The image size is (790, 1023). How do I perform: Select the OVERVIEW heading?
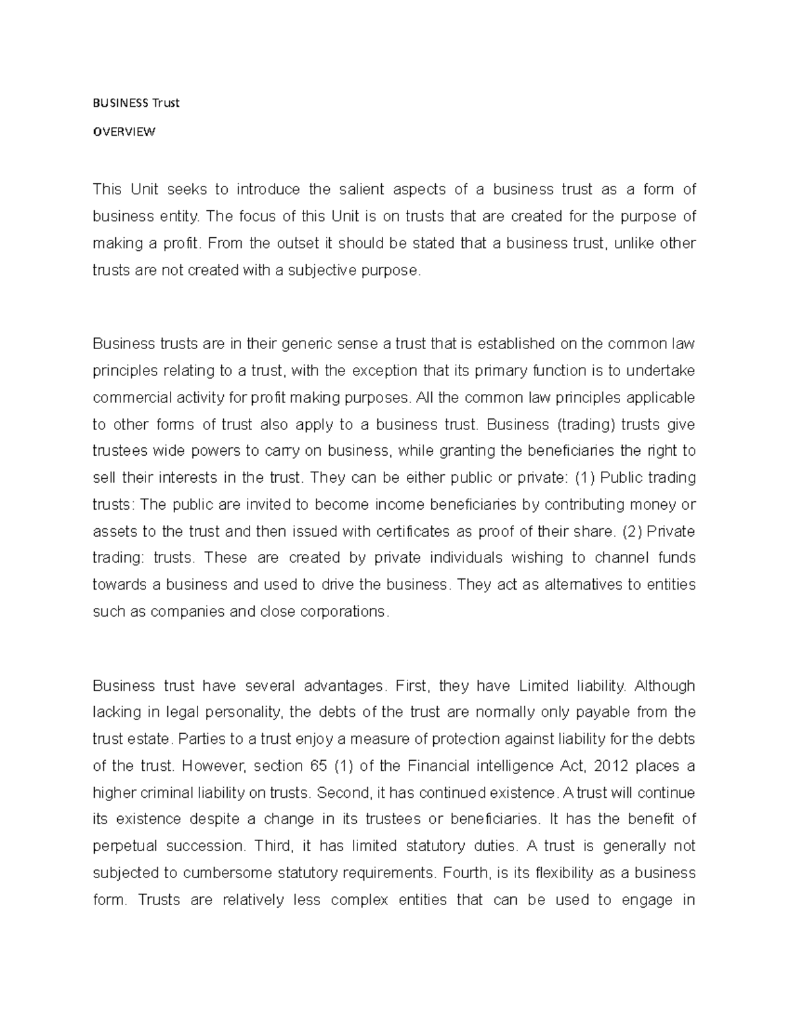(124, 131)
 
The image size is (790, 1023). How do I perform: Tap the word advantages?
(342, 686)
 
